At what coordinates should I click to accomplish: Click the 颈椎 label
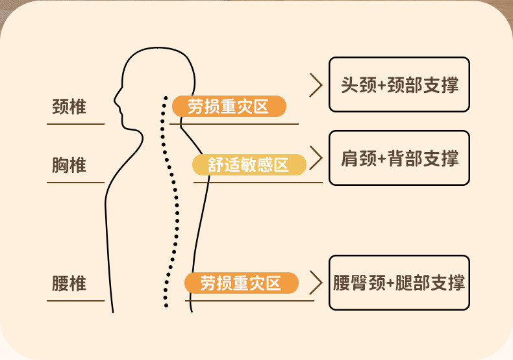[69, 107]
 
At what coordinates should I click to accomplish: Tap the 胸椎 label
[69, 165]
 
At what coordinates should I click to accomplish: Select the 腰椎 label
[69, 284]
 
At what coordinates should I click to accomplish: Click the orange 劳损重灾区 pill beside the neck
[228, 106]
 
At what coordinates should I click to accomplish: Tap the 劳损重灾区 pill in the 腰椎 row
[241, 283]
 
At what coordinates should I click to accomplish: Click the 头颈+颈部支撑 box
[399, 85]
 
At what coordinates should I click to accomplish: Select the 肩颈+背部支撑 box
[399, 158]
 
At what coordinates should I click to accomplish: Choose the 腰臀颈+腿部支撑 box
[399, 283]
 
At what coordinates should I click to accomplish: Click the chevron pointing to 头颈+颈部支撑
[316, 85]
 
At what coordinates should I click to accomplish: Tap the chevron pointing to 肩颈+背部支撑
[316, 158]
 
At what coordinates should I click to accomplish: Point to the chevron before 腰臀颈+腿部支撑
[316, 283]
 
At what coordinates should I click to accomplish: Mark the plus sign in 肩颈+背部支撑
[381, 159]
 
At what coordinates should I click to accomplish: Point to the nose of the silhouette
[116, 101]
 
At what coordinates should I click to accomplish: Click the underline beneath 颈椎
[75, 123]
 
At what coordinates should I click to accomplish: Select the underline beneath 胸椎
[75, 182]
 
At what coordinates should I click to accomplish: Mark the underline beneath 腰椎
[75, 300]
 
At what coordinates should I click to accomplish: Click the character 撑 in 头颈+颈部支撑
[449, 85]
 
